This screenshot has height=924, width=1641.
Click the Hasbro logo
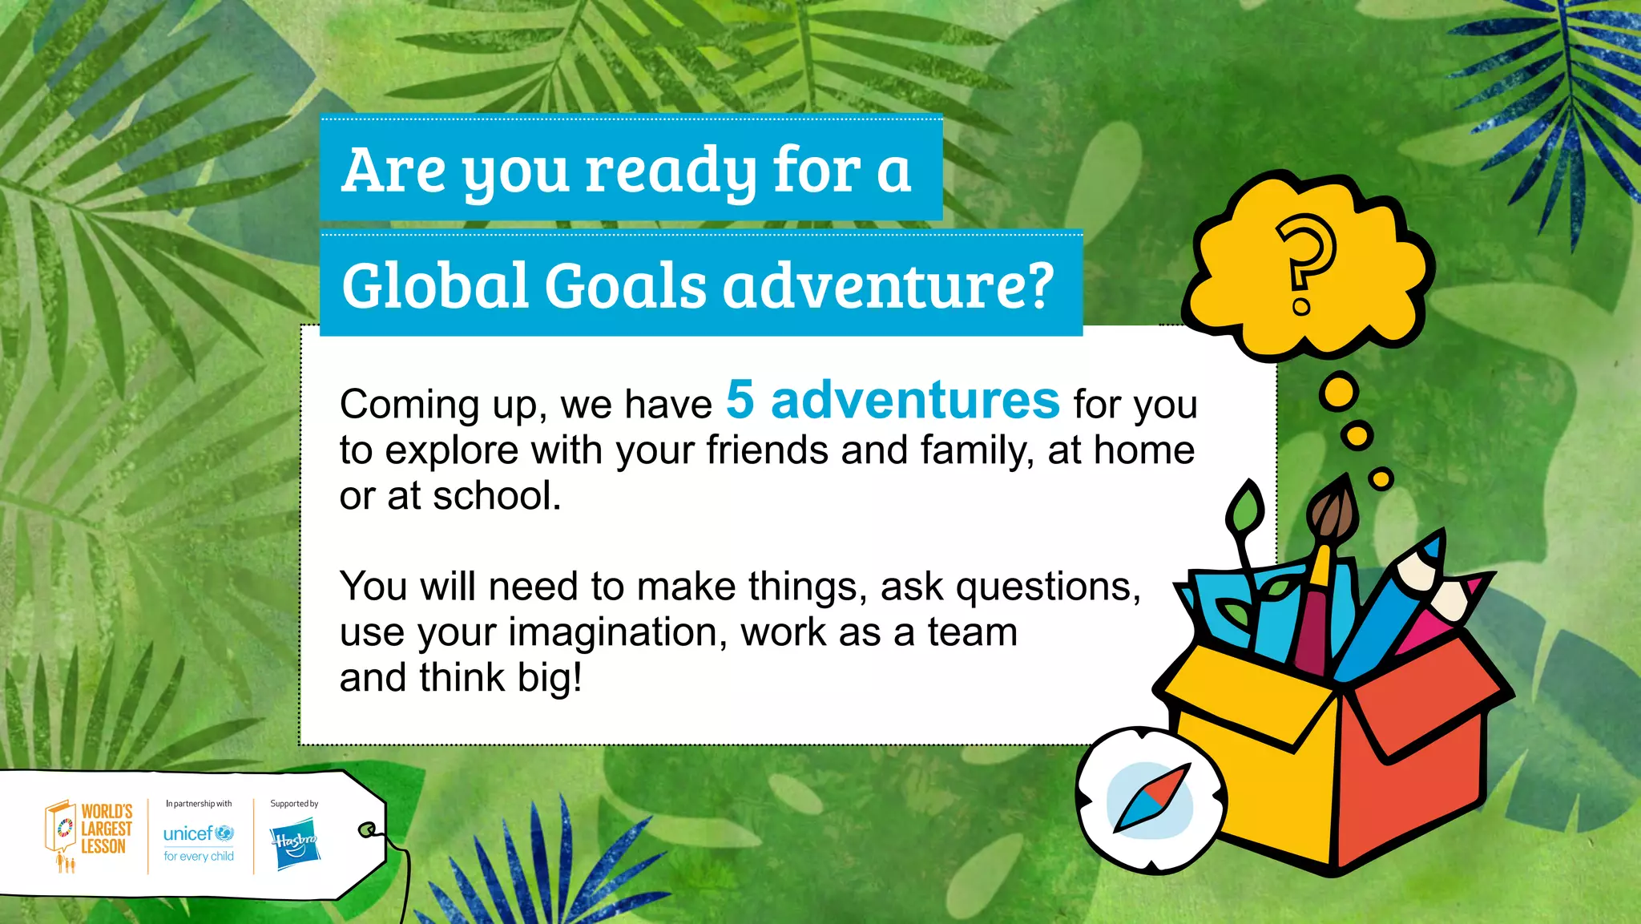tap(295, 843)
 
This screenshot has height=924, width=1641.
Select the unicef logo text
tap(188, 834)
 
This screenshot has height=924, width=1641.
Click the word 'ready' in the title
tap(670, 171)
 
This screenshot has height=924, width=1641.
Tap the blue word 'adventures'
tap(915, 400)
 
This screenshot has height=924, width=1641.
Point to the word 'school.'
tap(497, 496)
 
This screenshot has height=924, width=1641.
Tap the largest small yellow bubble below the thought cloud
tap(1339, 393)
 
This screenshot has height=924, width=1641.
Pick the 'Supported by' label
tap(294, 804)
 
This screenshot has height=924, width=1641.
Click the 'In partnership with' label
tap(199, 804)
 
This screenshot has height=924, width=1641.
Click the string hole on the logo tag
tap(366, 829)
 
